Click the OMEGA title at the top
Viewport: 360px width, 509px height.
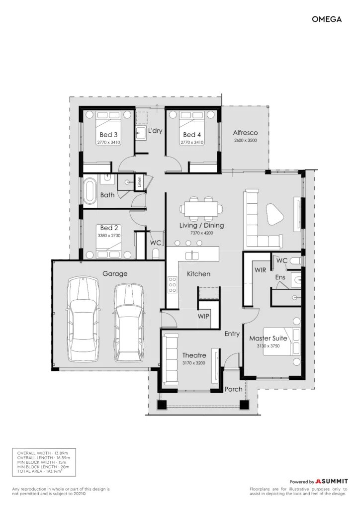click(327, 19)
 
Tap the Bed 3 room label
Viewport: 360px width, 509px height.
click(108, 134)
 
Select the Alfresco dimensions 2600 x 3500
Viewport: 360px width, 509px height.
click(246, 141)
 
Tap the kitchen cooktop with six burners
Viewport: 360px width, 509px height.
click(172, 284)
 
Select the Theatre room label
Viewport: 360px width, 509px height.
click(194, 355)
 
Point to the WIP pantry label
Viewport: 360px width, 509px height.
click(203, 316)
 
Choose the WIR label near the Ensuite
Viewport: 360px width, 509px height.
click(261, 270)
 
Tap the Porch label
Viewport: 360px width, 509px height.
click(233, 389)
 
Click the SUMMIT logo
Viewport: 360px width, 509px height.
click(332, 481)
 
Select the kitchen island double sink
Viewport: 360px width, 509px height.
click(192, 256)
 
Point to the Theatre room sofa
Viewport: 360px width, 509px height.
click(170, 359)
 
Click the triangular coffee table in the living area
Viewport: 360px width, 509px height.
click(274, 214)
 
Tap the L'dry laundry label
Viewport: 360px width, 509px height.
click(155, 131)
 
